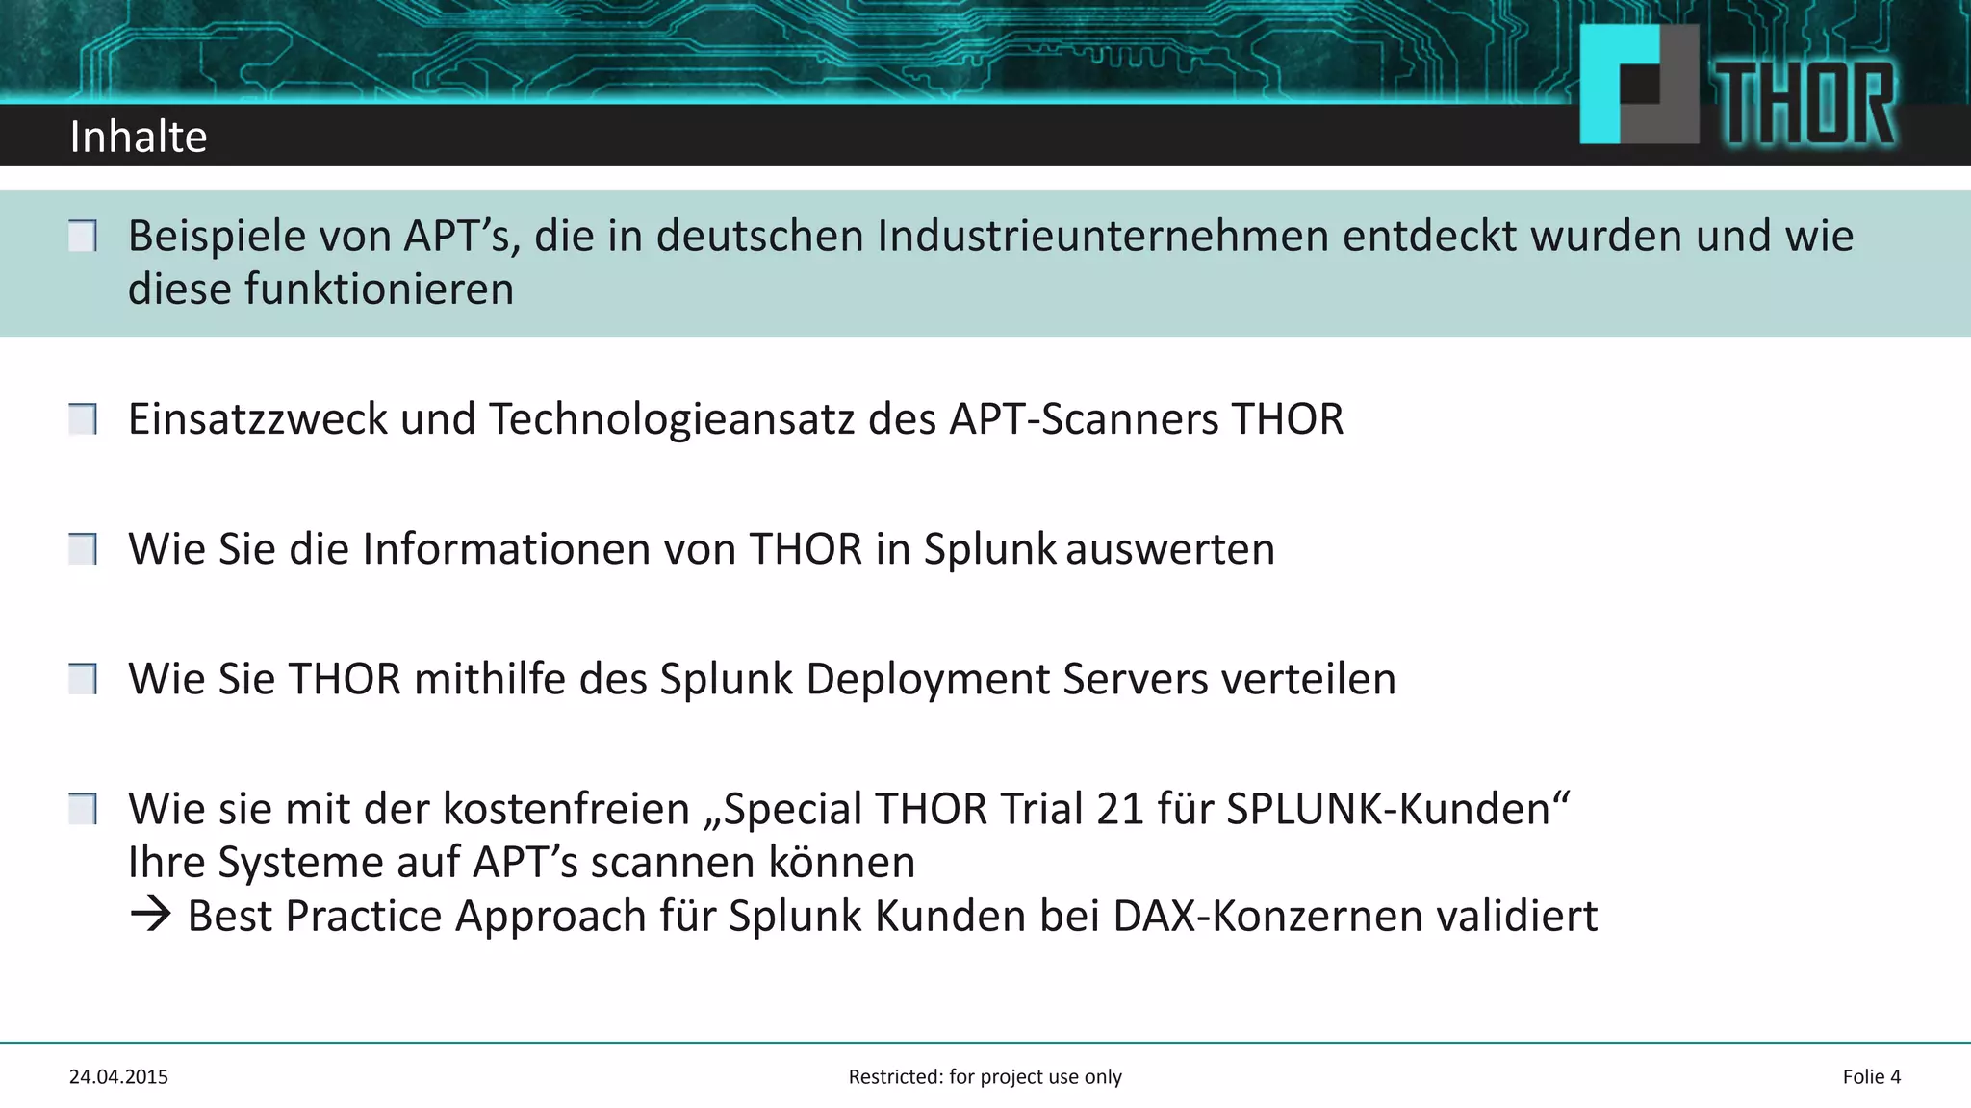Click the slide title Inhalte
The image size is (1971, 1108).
(x=139, y=137)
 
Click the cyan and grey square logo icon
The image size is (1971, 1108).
(x=1638, y=85)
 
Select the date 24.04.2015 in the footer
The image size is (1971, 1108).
(x=118, y=1077)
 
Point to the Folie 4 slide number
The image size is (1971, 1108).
(x=1871, y=1077)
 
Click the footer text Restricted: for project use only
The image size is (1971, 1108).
(x=985, y=1077)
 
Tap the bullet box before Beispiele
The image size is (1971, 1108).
(x=83, y=236)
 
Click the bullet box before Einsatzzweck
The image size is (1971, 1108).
(x=83, y=419)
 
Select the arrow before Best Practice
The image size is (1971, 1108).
(x=150, y=915)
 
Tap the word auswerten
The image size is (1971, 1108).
(x=1170, y=549)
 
